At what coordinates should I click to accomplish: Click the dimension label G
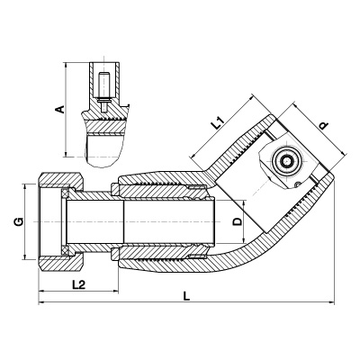tap(19, 222)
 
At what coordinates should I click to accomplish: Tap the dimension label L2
tap(79, 284)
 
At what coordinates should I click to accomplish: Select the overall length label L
tap(186, 296)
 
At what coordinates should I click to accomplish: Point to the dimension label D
tap(238, 221)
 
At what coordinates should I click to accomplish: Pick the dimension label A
tap(60, 109)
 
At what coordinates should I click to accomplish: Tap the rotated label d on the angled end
tap(323, 126)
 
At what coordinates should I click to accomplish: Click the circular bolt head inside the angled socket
tap(287, 161)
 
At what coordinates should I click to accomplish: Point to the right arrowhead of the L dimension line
tap(331, 302)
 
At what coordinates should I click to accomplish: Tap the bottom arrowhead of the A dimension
tap(65, 153)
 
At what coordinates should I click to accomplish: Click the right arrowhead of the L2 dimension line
tap(115, 291)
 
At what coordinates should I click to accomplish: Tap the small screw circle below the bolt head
tap(297, 184)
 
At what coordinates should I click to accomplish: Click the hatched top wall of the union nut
tap(60, 179)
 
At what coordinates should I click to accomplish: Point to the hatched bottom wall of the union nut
tap(60, 264)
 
